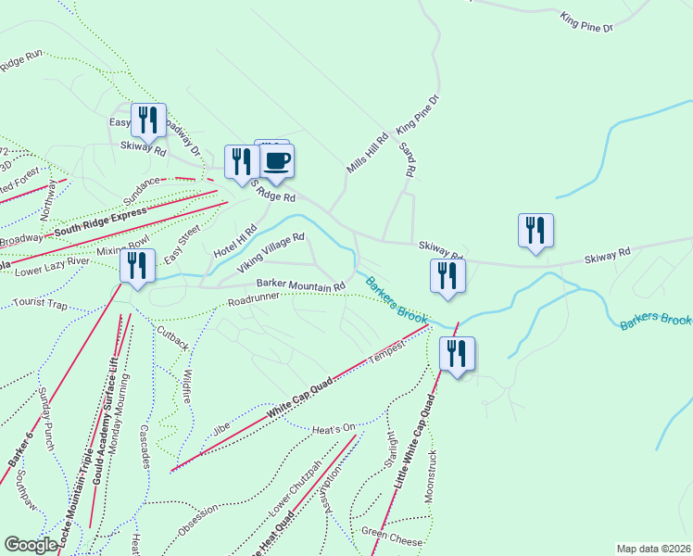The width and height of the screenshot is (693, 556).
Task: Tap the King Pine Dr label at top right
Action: pos(586,22)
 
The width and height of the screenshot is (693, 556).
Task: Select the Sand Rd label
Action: pos(407,159)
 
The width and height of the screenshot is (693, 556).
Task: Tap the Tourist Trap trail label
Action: pos(41,304)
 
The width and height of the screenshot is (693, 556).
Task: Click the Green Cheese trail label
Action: pos(392,537)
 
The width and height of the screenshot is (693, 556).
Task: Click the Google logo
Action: pos(31,545)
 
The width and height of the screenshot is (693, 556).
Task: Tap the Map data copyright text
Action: pos(653,549)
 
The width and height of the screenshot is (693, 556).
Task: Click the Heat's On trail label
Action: pos(334,428)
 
